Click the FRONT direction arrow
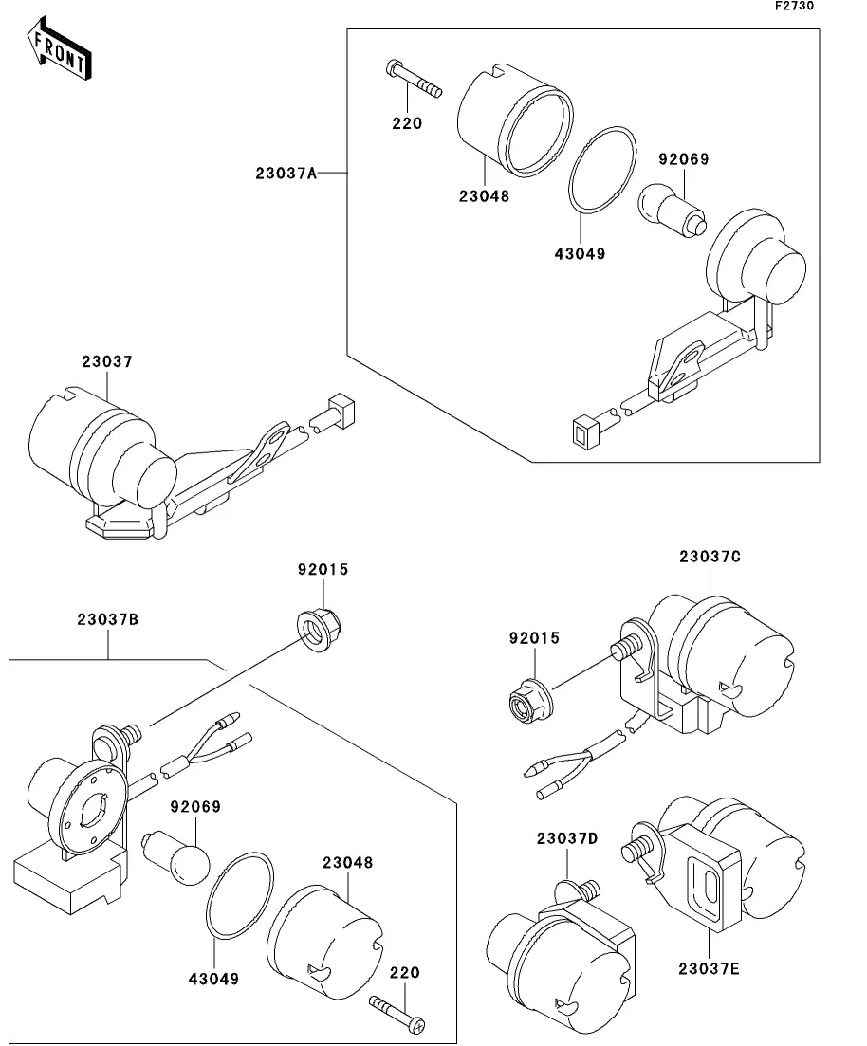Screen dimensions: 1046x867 coord(60,51)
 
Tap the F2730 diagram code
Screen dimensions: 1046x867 coord(794,6)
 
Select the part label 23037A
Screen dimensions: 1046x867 coord(285,173)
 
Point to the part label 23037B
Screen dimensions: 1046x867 coord(108,619)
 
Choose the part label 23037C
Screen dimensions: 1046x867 coord(710,557)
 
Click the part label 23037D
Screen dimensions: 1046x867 coord(567,838)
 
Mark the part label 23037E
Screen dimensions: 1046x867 coord(710,968)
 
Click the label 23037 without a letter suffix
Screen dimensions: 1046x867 coord(106,361)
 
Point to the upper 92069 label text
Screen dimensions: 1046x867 coord(685,159)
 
